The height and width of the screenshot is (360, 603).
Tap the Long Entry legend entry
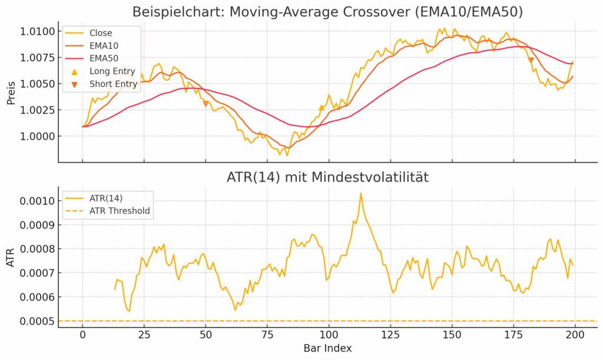pos(112,71)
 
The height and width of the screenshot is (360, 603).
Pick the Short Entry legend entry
pos(113,84)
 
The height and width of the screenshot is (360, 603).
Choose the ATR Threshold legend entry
pos(119,210)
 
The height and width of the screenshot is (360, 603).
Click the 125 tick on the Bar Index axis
pos(390,335)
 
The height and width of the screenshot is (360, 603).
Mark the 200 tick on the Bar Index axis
pos(575,335)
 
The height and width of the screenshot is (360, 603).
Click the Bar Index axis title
pos(328,348)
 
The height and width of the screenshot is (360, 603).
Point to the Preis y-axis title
pos(11,92)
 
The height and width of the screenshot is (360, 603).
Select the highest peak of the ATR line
pos(361,193)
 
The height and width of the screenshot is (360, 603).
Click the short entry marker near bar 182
pos(531,60)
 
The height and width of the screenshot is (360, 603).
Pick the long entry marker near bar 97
pos(322,108)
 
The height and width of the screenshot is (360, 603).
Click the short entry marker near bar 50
pos(206,104)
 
